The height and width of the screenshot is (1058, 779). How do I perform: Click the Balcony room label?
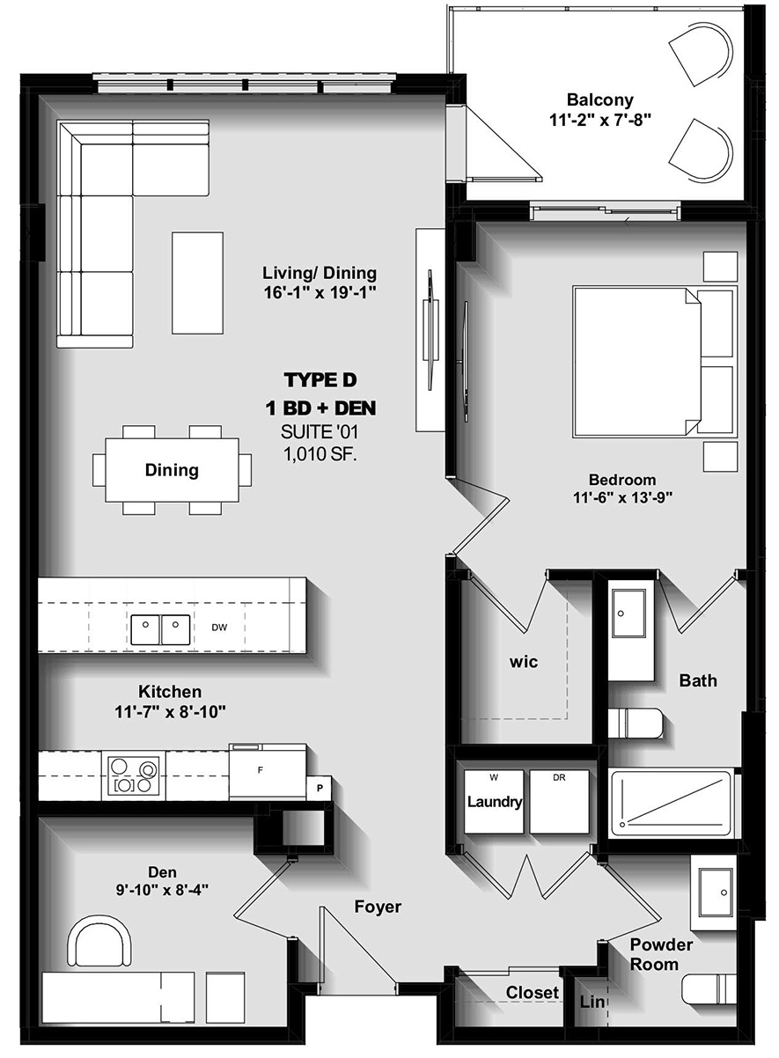(599, 99)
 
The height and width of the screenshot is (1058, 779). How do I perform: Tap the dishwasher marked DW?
(219, 628)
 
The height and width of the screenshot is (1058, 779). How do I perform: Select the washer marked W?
(493, 802)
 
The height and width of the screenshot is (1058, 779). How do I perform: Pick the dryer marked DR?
(560, 802)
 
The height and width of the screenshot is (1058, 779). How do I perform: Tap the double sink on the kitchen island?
(161, 628)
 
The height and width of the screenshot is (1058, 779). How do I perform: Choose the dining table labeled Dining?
(172, 470)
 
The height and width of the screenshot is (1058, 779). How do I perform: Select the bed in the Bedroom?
(653, 360)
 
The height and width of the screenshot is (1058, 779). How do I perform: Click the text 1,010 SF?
(320, 454)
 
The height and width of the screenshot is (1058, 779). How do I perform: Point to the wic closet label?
(523, 662)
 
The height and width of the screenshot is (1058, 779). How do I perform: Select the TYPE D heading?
(320, 380)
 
